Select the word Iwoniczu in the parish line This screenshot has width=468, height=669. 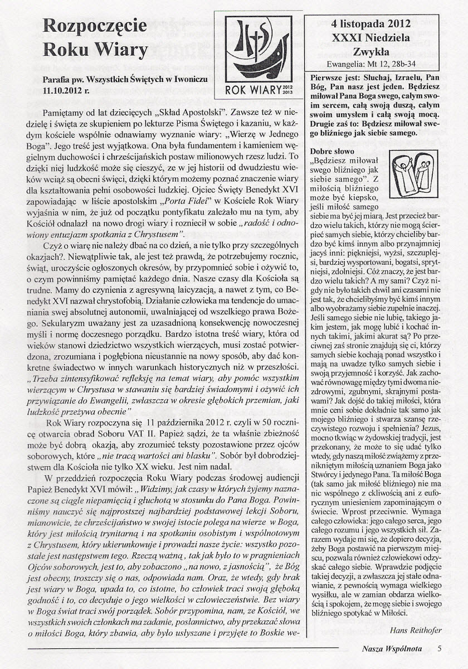pos(191,79)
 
